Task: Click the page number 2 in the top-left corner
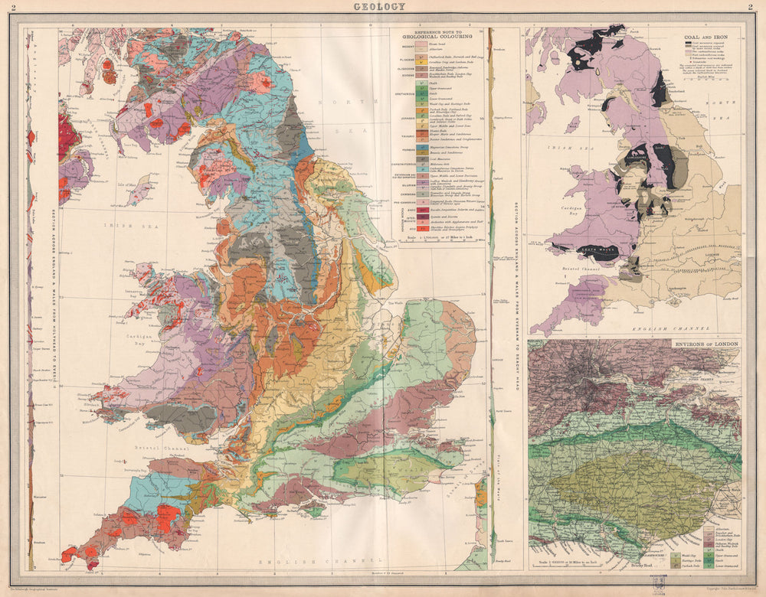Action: point(8,7)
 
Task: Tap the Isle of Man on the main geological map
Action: point(139,189)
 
